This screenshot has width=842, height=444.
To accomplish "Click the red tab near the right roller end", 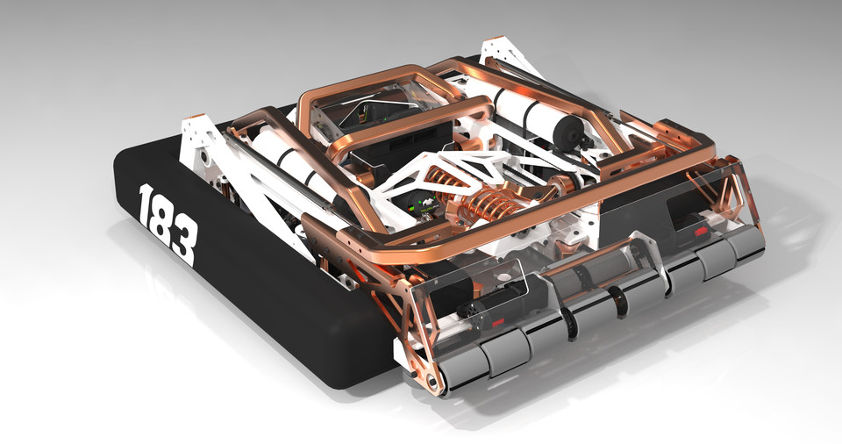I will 700,233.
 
